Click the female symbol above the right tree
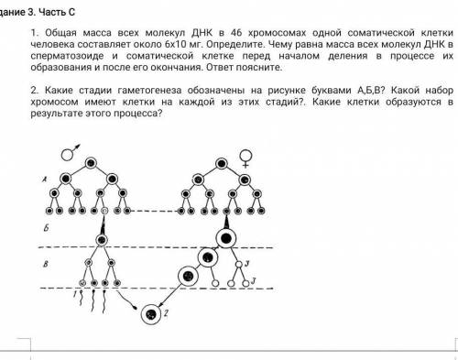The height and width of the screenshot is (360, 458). pos(245,158)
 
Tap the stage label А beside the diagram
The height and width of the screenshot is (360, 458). pos(44,180)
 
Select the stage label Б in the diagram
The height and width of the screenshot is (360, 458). pos(46,228)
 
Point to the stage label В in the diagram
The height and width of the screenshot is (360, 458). pos(46,264)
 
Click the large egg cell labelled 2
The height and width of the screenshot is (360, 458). pos(151,314)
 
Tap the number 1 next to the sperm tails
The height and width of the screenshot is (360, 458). pos(75,294)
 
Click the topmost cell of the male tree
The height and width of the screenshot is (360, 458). pos(91,163)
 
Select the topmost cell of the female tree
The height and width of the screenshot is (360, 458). pos(222,164)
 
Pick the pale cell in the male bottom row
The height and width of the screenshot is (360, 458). pos(104,211)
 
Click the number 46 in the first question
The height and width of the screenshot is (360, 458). pos(236,32)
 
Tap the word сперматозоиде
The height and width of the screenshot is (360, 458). pos(67,56)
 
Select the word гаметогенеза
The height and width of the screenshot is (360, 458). pos(150,91)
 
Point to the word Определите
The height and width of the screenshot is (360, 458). pos(235,44)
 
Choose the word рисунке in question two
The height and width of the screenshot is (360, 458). pos(287,91)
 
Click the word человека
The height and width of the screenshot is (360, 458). pos(52,44)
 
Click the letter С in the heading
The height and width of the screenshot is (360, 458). pos(71,12)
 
